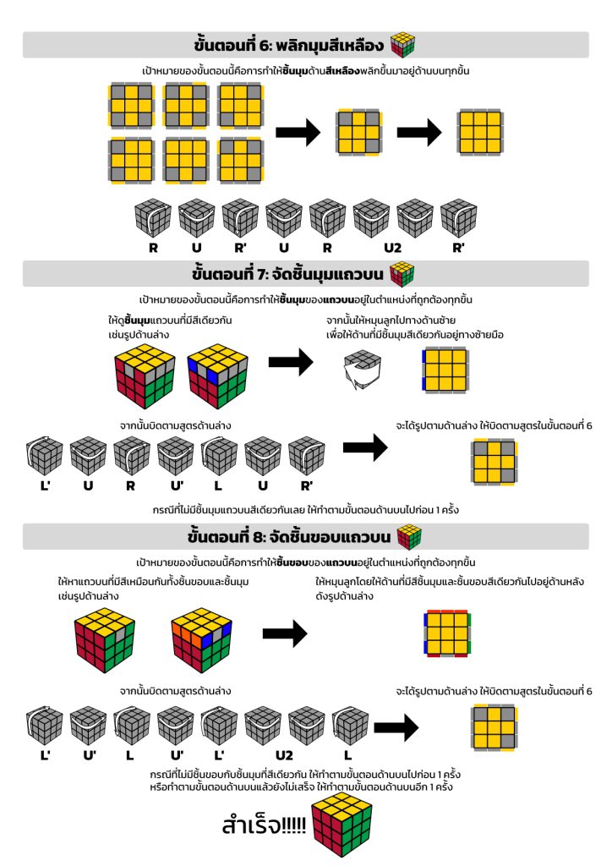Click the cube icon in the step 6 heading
[x=403, y=45]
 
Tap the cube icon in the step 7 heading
[x=402, y=274]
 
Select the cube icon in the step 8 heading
[x=409, y=537]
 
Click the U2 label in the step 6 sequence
[x=392, y=248]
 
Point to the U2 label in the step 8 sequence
[x=284, y=755]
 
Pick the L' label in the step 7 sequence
[x=46, y=486]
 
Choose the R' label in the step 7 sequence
[x=306, y=486]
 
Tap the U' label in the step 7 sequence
[x=177, y=486]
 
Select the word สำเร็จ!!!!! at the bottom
[x=264, y=825]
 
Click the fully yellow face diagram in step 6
[x=479, y=132]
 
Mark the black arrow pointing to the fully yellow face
[x=419, y=132]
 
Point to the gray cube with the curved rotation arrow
[x=363, y=370]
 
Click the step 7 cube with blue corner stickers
[x=217, y=375]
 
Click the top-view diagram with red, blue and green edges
[x=447, y=633]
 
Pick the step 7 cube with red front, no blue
[x=145, y=375]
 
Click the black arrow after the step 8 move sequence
[x=396, y=727]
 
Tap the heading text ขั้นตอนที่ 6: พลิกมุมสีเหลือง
[x=288, y=45]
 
